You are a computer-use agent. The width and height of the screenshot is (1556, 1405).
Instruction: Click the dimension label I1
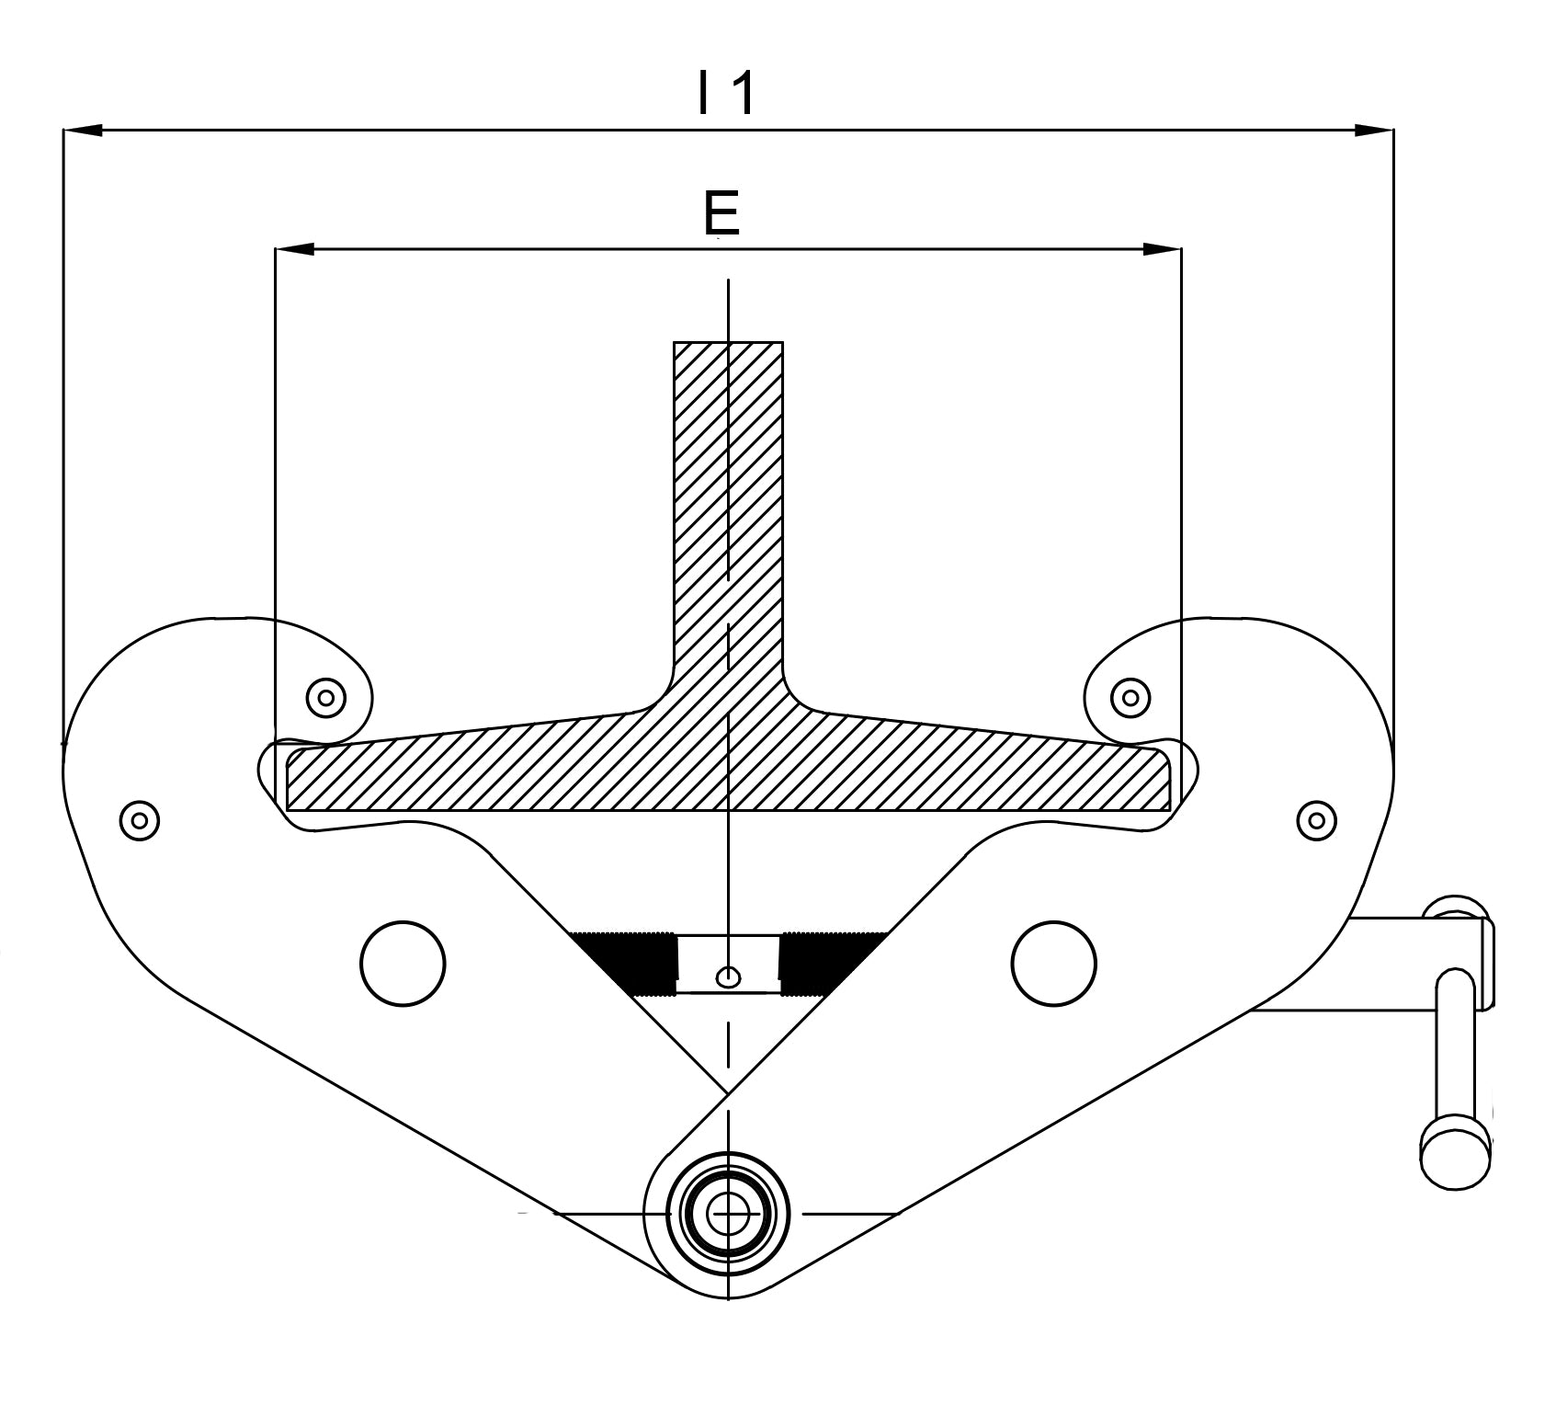(726, 94)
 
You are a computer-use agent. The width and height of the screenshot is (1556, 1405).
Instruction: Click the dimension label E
(721, 213)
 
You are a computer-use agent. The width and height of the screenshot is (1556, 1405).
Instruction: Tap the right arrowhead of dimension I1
(1374, 131)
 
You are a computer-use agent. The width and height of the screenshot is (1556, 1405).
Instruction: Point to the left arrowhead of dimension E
(295, 249)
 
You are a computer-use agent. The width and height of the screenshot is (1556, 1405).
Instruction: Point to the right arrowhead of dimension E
(1162, 249)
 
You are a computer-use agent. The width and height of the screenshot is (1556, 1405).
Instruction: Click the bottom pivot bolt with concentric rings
(728, 1215)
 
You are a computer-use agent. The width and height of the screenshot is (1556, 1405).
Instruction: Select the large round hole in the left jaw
(403, 963)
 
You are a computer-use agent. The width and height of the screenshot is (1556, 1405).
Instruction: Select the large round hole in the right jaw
(1053, 963)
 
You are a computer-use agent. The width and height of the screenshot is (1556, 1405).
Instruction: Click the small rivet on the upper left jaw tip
(325, 698)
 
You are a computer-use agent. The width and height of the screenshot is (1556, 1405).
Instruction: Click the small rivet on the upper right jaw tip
(1130, 698)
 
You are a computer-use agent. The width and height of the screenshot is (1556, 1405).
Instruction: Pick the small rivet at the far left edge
(140, 819)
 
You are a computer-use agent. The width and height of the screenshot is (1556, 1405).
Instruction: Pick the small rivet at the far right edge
(1316, 819)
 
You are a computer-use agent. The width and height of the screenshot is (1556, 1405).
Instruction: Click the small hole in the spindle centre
(728, 977)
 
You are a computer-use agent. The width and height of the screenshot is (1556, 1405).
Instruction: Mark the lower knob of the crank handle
(1455, 1154)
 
